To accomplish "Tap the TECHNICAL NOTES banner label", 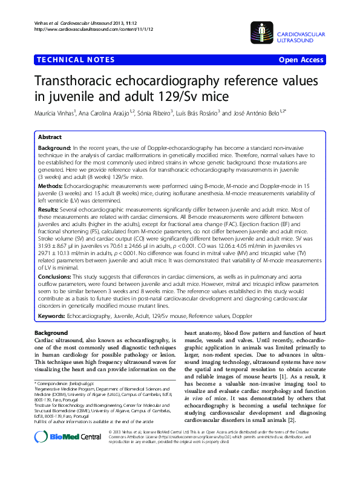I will [x=76, y=59].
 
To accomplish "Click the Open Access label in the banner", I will [x=301, y=60].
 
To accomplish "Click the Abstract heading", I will [x=50, y=138].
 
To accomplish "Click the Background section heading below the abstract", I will [x=51, y=333].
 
